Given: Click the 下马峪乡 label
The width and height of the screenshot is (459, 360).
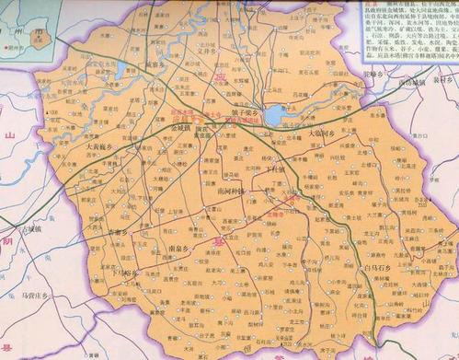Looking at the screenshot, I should (x=123, y=273).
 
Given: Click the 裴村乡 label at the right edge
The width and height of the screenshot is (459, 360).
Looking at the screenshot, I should (x=445, y=80).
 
